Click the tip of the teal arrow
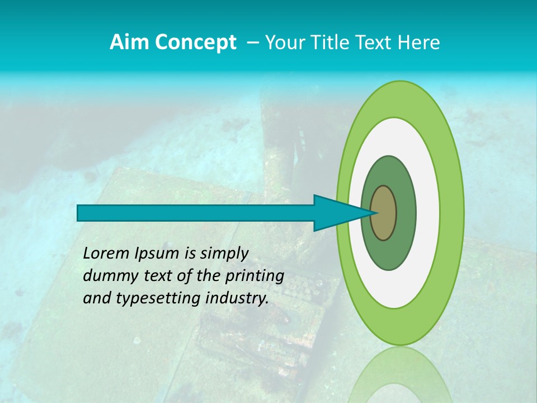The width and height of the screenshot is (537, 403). coord(373,213)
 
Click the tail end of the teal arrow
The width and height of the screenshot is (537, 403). coord(79,213)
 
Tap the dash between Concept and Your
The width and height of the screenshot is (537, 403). coord(252,43)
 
